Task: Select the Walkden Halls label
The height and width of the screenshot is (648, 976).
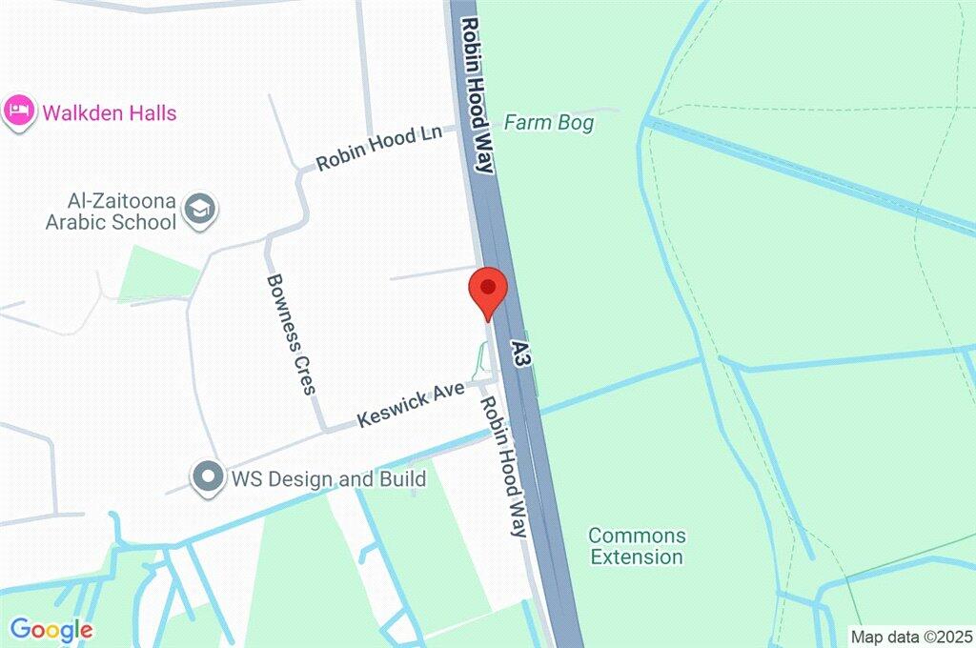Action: coord(109,113)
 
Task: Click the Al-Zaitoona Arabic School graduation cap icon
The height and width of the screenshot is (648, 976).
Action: coord(201,211)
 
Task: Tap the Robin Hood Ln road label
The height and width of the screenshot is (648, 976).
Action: coord(379,148)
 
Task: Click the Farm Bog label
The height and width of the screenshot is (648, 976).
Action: coord(548,123)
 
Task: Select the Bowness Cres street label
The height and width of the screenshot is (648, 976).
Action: coord(291,334)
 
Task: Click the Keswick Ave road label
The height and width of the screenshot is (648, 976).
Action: coord(411,405)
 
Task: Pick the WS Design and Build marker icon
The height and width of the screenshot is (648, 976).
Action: coord(205,477)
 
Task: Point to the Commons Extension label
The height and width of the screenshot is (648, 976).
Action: coord(637,546)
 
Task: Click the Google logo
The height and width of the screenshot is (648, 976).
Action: coord(51,630)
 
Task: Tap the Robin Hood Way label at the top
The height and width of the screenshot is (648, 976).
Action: coord(478,93)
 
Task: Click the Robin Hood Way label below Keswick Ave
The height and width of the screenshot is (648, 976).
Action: coord(503,467)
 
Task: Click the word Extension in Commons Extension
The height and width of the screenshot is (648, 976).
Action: coord(637,557)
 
